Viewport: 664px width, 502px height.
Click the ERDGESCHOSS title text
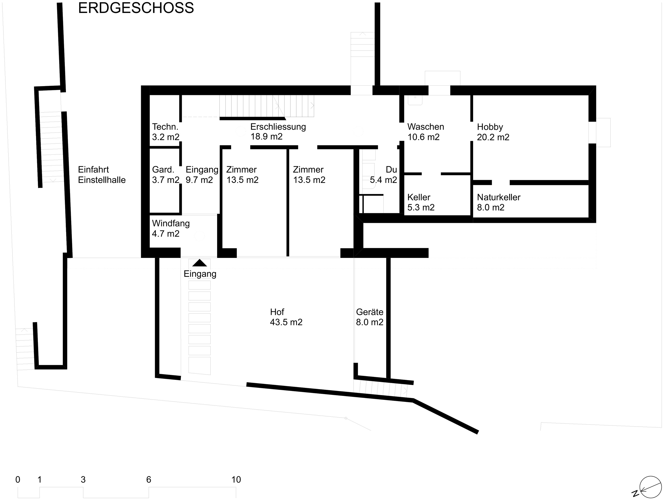point(136,8)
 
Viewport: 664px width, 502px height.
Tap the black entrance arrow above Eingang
point(200,263)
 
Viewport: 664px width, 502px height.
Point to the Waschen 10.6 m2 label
point(425,132)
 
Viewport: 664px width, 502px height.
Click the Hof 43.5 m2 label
point(286,317)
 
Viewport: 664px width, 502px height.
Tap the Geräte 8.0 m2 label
point(370,317)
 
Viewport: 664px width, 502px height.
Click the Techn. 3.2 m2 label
point(165,132)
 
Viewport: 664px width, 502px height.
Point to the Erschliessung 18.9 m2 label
point(278,132)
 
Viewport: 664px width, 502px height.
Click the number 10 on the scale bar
point(236,479)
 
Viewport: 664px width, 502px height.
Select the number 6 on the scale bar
point(149,479)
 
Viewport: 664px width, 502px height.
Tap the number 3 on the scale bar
point(83,479)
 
